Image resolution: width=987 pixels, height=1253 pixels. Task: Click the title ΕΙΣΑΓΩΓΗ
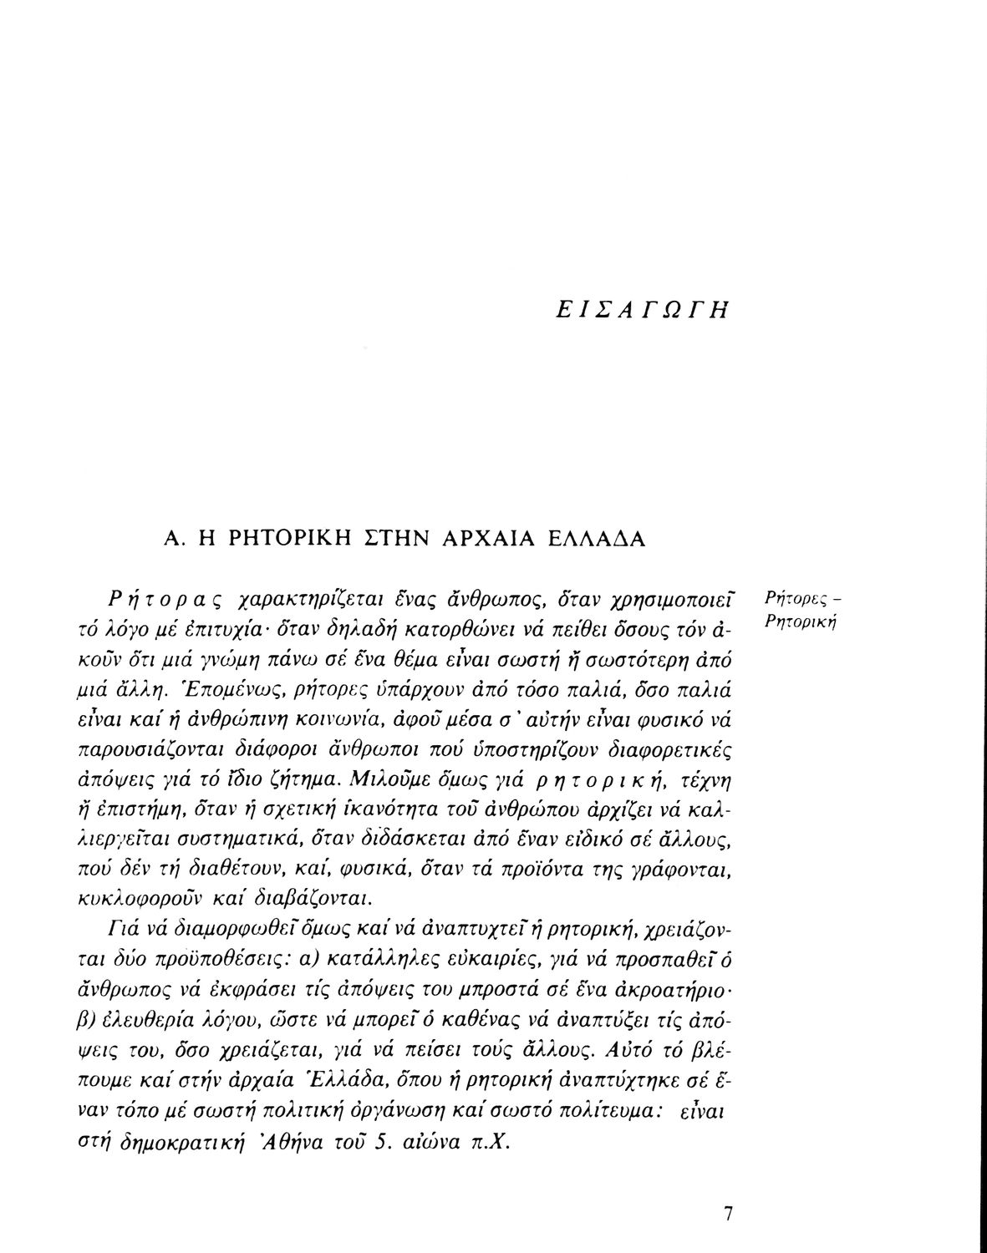click(x=642, y=311)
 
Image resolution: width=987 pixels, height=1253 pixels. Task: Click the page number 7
click(x=728, y=1214)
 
